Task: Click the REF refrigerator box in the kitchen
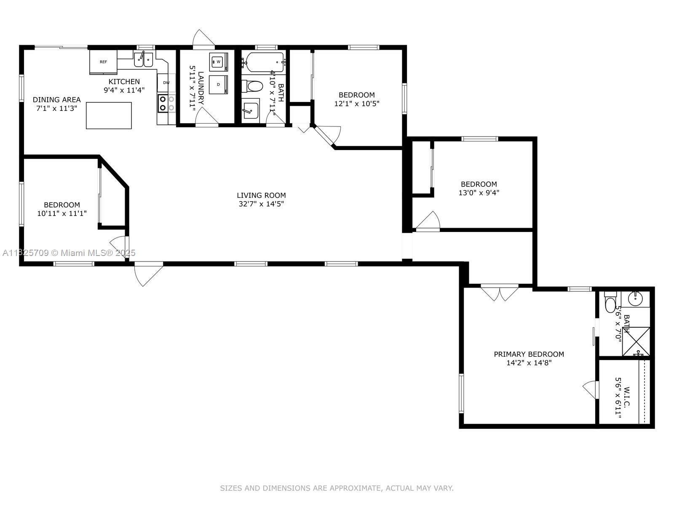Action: [103, 62]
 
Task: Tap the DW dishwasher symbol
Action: [166, 83]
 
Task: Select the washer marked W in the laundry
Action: [218, 62]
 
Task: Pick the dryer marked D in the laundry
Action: [218, 84]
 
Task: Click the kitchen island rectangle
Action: [109, 116]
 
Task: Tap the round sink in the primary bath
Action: [635, 299]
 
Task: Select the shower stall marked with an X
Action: [636, 341]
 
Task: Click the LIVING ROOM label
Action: [261, 195]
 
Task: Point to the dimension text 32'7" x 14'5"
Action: [261, 204]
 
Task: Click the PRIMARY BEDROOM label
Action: [529, 354]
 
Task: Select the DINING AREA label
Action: [56, 100]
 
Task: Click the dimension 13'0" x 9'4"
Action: [479, 193]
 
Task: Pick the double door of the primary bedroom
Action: [500, 292]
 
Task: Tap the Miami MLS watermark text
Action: [69, 253]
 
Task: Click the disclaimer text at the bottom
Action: [337, 488]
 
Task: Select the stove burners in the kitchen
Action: [166, 104]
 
